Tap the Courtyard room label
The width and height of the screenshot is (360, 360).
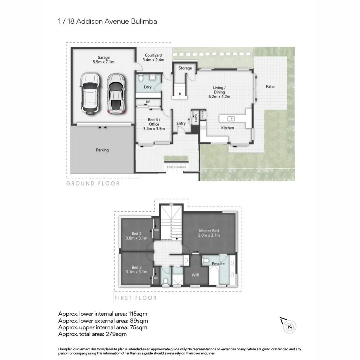coord(153,55)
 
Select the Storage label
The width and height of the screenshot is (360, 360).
coord(185,68)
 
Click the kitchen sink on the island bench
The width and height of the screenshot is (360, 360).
coord(231,119)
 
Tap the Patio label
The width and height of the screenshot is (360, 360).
coord(270,86)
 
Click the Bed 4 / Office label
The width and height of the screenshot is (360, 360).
coord(154,122)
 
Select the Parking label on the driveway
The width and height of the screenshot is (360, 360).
coord(102,150)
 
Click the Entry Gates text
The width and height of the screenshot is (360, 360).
coord(176,167)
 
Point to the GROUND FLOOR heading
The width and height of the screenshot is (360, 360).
coord(93,183)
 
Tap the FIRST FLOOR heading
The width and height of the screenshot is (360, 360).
coord(135,298)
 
